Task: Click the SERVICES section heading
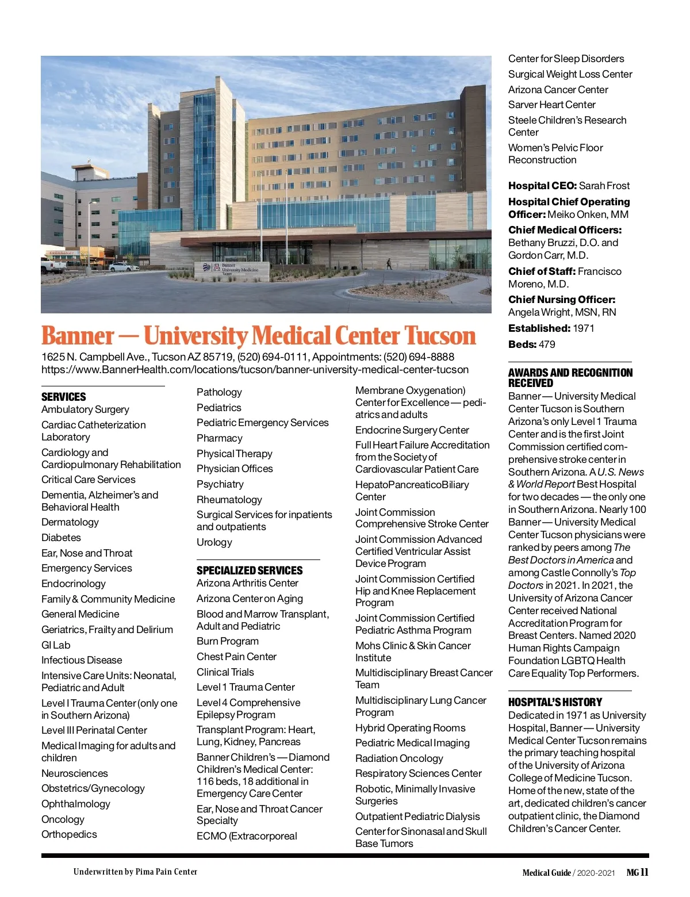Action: [x=64, y=397]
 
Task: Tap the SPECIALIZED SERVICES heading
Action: [x=250, y=570]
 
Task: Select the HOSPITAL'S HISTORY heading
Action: [x=555, y=702]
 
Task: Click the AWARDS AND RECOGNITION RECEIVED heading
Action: [x=570, y=378]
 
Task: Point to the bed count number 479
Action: [x=547, y=344]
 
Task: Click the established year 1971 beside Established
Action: [x=583, y=328]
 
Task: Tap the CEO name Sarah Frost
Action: [x=604, y=186]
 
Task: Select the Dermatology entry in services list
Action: [x=70, y=522]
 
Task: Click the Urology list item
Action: [x=214, y=542]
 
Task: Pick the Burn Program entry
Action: [x=228, y=641]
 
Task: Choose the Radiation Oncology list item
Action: [x=399, y=758]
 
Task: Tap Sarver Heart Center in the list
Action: [x=551, y=105]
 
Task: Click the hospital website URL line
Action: [x=255, y=369]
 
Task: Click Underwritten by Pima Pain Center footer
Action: [x=135, y=872]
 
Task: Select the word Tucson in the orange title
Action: [x=440, y=336]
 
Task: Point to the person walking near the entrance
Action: [x=389, y=263]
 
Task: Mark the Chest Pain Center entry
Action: [x=236, y=657]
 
